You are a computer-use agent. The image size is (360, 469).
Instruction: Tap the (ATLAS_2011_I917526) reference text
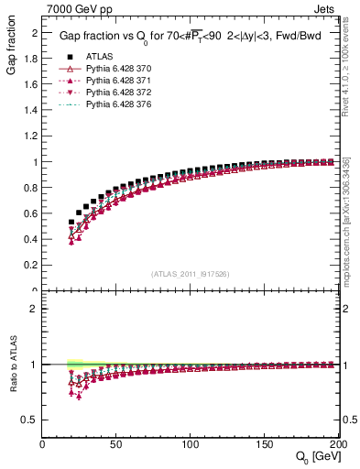coord(191,274)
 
